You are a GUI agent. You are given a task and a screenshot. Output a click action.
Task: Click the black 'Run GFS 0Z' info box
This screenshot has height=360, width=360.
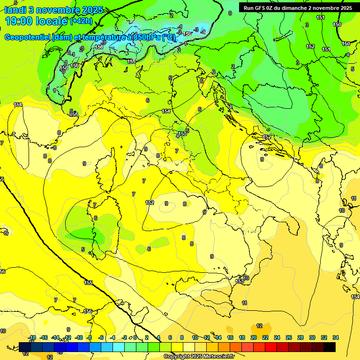click(x=298, y=8)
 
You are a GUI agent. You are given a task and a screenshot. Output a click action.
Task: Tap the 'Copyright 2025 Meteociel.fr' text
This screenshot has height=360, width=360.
click(x=199, y=356)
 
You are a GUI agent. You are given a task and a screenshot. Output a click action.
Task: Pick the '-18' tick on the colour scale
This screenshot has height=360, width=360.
click(x=32, y=337)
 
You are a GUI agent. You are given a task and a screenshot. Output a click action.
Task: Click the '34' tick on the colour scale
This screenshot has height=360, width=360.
click(x=336, y=337)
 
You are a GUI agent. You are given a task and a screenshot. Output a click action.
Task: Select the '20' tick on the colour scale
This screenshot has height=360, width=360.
click(x=254, y=337)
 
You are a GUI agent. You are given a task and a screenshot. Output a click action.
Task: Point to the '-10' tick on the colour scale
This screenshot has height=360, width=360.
click(x=79, y=337)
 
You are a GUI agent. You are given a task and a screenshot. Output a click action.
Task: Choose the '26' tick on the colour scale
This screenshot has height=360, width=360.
click(x=289, y=337)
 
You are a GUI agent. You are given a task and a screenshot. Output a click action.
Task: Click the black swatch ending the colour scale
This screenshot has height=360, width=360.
click(x=330, y=347)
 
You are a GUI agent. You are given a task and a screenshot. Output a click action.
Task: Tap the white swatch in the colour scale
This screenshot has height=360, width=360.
click(x=189, y=347)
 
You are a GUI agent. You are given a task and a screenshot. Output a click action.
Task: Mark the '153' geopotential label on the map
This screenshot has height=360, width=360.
click(x=240, y=281)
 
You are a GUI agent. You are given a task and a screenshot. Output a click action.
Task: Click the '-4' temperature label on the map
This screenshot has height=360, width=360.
click(x=203, y=32)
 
